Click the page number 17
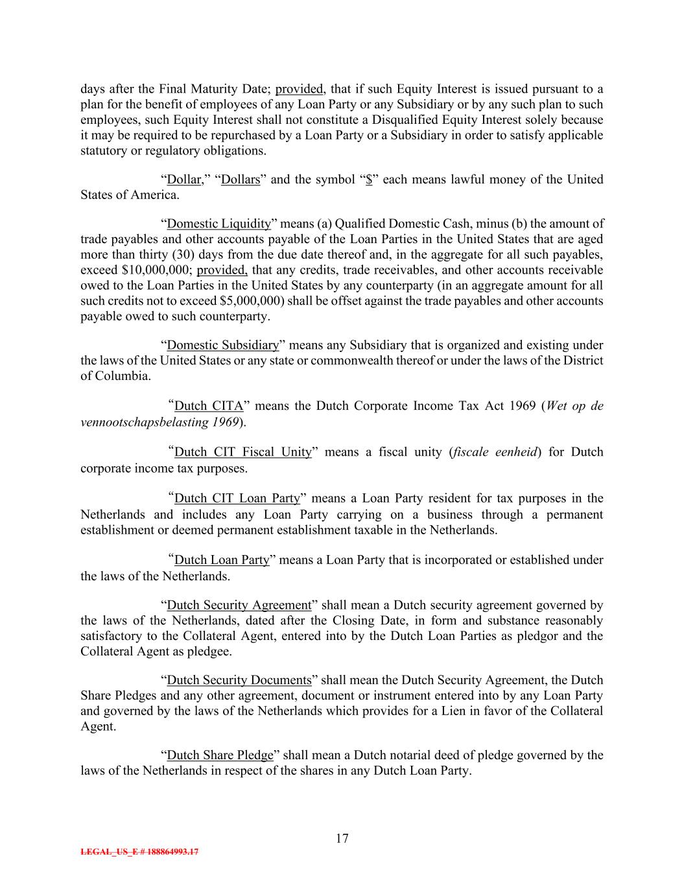pyautogui.click(x=342, y=838)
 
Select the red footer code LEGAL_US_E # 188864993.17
pyautogui.click(x=139, y=852)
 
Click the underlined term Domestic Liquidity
pyautogui.click(x=218, y=224)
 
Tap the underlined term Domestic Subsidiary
pyautogui.click(x=223, y=345)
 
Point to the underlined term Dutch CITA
pyautogui.click(x=209, y=406)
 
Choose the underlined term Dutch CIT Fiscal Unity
pyautogui.click(x=243, y=452)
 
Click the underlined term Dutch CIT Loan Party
pyautogui.click(x=237, y=498)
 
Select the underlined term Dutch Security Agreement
pyautogui.click(x=239, y=605)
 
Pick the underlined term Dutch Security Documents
pyautogui.click(x=239, y=680)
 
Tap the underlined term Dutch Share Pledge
pyautogui.click(x=220, y=755)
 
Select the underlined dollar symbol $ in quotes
pyautogui.click(x=369, y=180)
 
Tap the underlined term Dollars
pyautogui.click(x=241, y=180)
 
